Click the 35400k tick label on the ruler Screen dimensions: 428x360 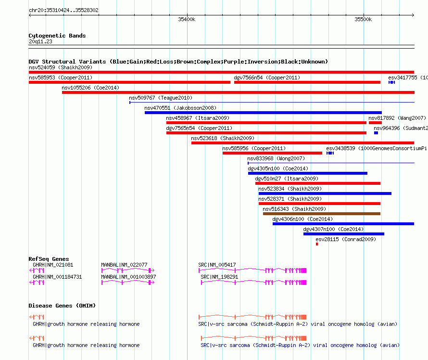[187, 19]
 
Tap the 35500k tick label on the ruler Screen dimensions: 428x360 [363, 19]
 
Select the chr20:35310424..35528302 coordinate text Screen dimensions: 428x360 [63, 10]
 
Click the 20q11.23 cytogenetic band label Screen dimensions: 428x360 [40, 41]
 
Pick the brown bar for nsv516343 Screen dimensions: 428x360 [322, 214]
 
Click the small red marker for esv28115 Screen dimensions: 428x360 [317, 244]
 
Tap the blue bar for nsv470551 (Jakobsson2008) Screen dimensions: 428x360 [263, 113]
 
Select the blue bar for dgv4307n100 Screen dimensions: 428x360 [344, 234]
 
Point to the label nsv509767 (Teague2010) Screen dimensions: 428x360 [161, 98]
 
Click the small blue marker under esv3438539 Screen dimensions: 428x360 [330, 153]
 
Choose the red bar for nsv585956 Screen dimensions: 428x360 [272, 153]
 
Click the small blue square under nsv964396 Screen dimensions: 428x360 [376, 133]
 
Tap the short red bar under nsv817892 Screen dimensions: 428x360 [375, 123]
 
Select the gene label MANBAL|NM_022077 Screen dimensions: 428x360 [124, 265]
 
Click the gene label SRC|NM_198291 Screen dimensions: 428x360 [219, 277]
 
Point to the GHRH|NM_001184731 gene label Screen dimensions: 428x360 [57, 277]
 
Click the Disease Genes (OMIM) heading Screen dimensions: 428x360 [62, 306]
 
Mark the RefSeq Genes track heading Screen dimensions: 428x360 [49, 259]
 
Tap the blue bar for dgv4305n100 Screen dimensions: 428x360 [308, 173]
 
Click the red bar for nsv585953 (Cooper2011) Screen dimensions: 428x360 [129, 82]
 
